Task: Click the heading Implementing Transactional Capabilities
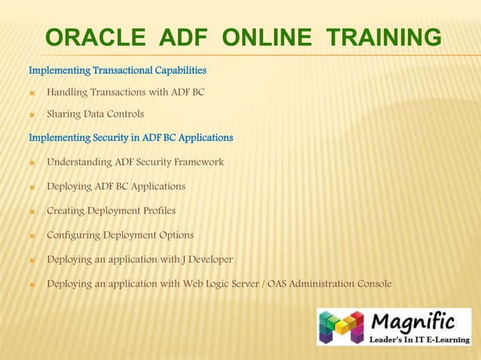coord(118,70)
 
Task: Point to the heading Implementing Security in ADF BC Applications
coord(130,138)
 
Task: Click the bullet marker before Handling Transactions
coord(32,93)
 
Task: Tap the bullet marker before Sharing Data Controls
coord(32,114)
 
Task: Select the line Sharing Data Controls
coord(95,114)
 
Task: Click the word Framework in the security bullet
coord(198,162)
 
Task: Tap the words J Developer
coord(208,259)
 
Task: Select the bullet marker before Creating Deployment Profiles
coord(32,211)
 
